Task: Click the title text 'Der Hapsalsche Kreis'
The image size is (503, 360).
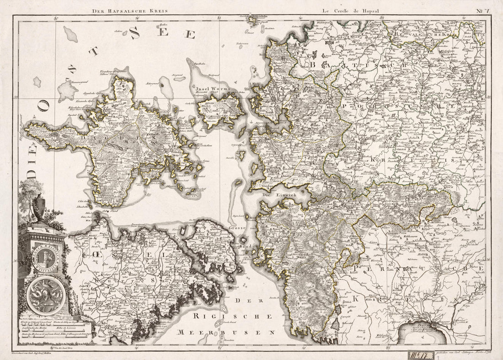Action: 130,10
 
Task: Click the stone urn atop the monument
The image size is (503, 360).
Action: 40,204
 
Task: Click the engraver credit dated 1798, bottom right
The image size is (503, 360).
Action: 462,353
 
